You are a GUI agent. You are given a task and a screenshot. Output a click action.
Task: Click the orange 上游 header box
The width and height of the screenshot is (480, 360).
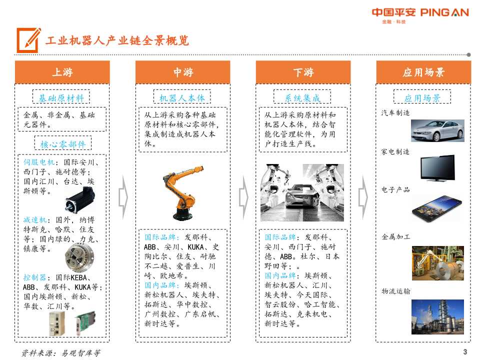pyautogui.click(x=62, y=72)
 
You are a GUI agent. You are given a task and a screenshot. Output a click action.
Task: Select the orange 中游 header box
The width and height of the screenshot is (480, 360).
pyautogui.click(x=183, y=72)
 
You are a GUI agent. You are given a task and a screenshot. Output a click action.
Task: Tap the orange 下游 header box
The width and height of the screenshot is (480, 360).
pyautogui.click(x=303, y=72)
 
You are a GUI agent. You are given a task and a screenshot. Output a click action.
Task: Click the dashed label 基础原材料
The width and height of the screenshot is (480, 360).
pyautogui.click(x=61, y=97)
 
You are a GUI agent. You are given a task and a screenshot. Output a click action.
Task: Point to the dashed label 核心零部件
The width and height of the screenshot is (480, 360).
pyautogui.click(x=63, y=144)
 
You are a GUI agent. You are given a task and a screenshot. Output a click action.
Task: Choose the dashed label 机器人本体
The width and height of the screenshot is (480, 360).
pyautogui.click(x=182, y=97)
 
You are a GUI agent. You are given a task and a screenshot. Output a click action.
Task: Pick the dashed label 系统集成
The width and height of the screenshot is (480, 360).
pyautogui.click(x=302, y=97)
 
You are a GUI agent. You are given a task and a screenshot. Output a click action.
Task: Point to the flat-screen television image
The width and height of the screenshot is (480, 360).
pyautogui.click(x=437, y=168)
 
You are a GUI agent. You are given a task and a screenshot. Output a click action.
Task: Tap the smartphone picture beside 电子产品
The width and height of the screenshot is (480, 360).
pyautogui.click(x=437, y=208)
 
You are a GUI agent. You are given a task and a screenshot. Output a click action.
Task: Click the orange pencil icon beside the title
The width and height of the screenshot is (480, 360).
pyautogui.click(x=28, y=40)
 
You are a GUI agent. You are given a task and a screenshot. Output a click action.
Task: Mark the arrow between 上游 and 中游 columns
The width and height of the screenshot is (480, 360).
pyautogui.click(x=123, y=198)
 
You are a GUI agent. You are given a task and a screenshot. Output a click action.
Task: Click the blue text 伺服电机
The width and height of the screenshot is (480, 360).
pyautogui.click(x=39, y=162)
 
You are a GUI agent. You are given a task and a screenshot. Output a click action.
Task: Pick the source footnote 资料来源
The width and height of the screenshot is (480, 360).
pyautogui.click(x=60, y=352)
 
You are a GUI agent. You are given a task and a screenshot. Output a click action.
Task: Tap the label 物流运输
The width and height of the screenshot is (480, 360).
pyautogui.click(x=395, y=291)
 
